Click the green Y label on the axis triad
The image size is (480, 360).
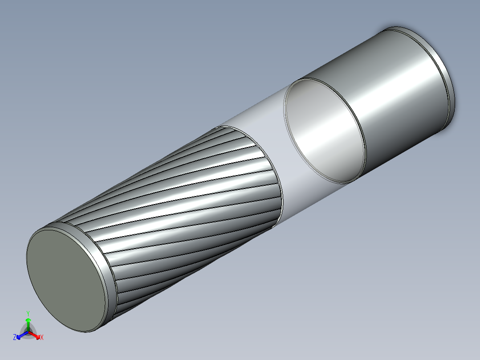tap(28, 313)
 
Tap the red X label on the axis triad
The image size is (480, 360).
tap(41, 337)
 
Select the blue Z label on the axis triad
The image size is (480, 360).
tap(15, 337)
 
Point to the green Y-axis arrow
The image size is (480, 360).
tap(28, 323)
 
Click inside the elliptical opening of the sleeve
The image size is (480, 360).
tap(321, 129)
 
